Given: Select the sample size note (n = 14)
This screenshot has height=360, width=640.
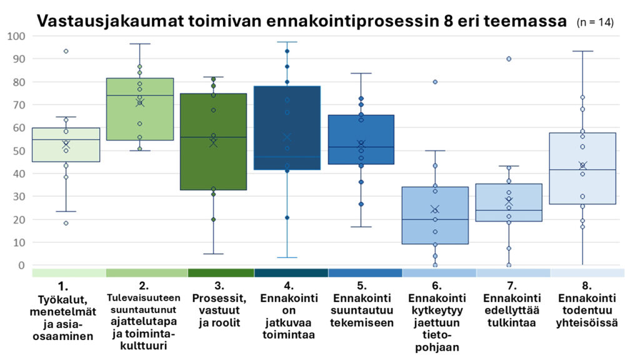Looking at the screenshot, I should tap(594, 22).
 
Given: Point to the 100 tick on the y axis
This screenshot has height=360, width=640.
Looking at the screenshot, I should tap(15, 36).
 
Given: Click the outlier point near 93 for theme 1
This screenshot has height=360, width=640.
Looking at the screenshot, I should tap(66, 51).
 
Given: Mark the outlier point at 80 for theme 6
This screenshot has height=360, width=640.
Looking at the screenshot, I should tap(435, 82).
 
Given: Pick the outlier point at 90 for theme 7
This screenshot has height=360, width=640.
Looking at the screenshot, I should tap(509, 59).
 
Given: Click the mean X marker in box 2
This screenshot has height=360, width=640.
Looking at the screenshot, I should tap(140, 102).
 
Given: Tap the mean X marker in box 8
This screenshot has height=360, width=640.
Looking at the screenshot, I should tap(582, 166).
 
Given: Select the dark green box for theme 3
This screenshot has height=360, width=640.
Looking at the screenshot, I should tap(213, 162).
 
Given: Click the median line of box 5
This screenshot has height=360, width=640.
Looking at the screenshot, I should tap(361, 147).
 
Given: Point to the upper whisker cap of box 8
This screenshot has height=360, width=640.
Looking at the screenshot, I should tap(582, 51).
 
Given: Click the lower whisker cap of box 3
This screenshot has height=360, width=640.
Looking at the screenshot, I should tap(213, 254).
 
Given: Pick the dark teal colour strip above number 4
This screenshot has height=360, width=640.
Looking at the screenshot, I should tap(291, 273).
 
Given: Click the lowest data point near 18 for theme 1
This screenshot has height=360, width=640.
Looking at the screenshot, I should tap(66, 223).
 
